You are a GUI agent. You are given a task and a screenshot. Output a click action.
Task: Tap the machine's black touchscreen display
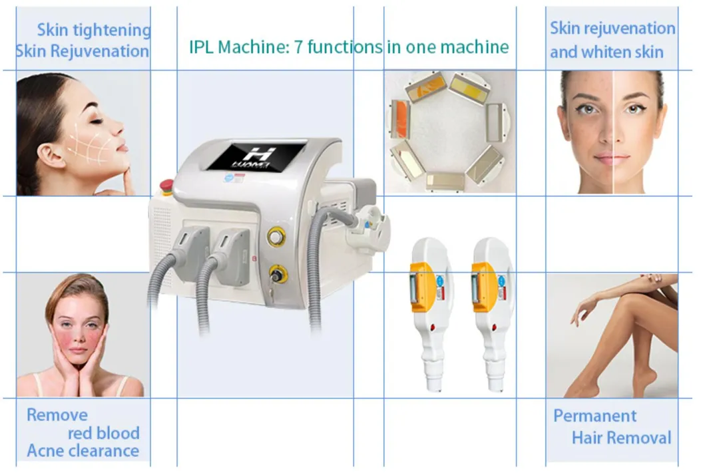coord(255,156)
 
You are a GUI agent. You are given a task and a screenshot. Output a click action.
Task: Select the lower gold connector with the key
coord(275,273)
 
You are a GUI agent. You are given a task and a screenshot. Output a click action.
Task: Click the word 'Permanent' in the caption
coord(594,416)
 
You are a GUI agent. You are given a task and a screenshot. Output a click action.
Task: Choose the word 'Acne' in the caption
coord(47,451)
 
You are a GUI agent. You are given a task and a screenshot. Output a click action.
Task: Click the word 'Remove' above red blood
coord(57,415)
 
